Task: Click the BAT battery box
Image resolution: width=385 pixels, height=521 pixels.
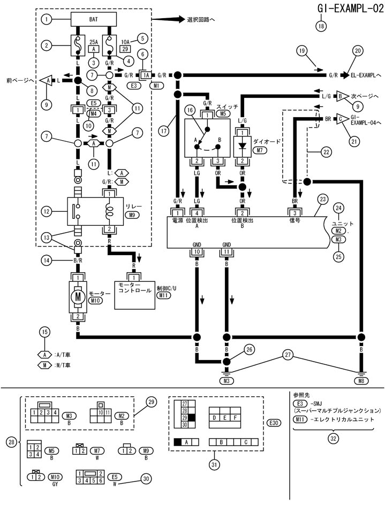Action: [94, 19]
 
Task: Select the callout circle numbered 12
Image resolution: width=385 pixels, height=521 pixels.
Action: [47, 211]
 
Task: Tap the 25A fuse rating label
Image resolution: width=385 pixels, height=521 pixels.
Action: [94, 41]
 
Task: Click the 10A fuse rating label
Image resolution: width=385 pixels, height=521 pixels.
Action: [126, 41]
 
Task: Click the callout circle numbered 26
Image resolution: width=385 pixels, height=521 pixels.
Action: [248, 349]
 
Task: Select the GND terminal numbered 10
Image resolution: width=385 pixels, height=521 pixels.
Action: [197, 251]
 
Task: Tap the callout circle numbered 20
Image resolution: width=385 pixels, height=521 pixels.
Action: [357, 51]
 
